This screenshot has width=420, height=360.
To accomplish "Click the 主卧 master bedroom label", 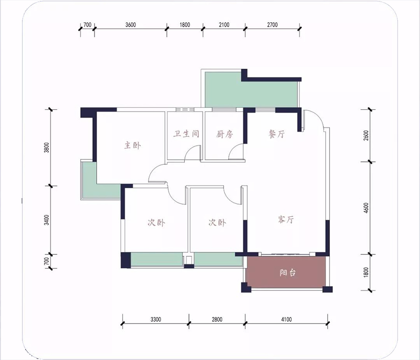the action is coord(133,145).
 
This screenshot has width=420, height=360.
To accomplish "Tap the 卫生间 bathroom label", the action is coord(186,134).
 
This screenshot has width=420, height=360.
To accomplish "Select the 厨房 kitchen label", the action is coord(224,134).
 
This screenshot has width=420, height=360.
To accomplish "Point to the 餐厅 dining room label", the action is coord(277,134).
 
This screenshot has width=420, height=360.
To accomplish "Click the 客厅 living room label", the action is coord(286,219).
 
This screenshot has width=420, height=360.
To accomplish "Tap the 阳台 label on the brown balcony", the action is coord(287,273).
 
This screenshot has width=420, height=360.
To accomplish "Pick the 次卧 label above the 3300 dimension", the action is coord(156,222).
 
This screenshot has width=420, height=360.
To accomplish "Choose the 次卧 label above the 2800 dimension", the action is coord(217,222).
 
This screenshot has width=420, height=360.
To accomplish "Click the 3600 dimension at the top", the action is coord(131,25).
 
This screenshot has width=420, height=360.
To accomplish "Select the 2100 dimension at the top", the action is coord(224,25).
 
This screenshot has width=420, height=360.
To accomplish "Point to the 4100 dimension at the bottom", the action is coord(287,319).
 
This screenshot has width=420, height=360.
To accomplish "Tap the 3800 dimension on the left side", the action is coord(47,148).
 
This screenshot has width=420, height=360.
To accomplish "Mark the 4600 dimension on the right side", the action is coord(366,208).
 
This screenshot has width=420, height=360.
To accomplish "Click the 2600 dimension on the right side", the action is coord(366,135).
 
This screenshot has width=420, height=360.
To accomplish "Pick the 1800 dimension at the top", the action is coord(184,25).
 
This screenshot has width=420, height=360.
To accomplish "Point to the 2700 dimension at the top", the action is coord(272,25).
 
